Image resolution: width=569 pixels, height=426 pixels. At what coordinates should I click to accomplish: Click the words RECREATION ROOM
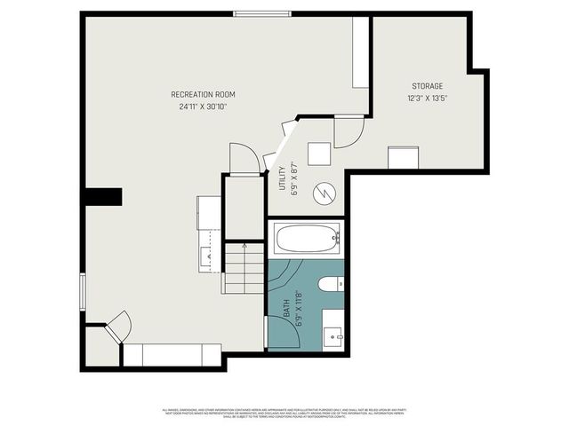pos(204,94)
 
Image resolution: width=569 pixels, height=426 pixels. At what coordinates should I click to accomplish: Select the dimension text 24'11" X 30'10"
pos(204,106)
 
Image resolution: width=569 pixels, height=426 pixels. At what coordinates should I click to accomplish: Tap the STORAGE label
pos(427,86)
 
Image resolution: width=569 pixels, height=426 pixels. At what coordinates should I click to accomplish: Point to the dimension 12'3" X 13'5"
pos(427,98)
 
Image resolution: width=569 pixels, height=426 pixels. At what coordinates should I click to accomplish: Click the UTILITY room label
pos(283,178)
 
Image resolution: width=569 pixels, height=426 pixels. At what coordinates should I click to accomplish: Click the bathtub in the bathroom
pos(305,238)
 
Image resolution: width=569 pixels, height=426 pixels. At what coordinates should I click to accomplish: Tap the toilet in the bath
pos(330,284)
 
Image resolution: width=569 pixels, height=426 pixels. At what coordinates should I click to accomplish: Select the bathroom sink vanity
pos(333,330)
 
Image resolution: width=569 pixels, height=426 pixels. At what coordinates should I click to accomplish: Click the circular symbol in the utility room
pos(325,193)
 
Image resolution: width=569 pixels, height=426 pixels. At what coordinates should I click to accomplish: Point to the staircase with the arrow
pos(243,269)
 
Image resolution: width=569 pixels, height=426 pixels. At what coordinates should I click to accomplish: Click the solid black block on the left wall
pos(103,197)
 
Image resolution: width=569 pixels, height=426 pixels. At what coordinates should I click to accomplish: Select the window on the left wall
pos(83,292)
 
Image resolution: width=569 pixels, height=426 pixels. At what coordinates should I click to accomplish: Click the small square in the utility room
pos(319,153)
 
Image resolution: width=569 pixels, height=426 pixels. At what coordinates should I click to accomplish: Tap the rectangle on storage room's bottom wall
pos(405,158)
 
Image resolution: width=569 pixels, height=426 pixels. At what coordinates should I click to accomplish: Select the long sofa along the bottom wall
pos(172,355)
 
